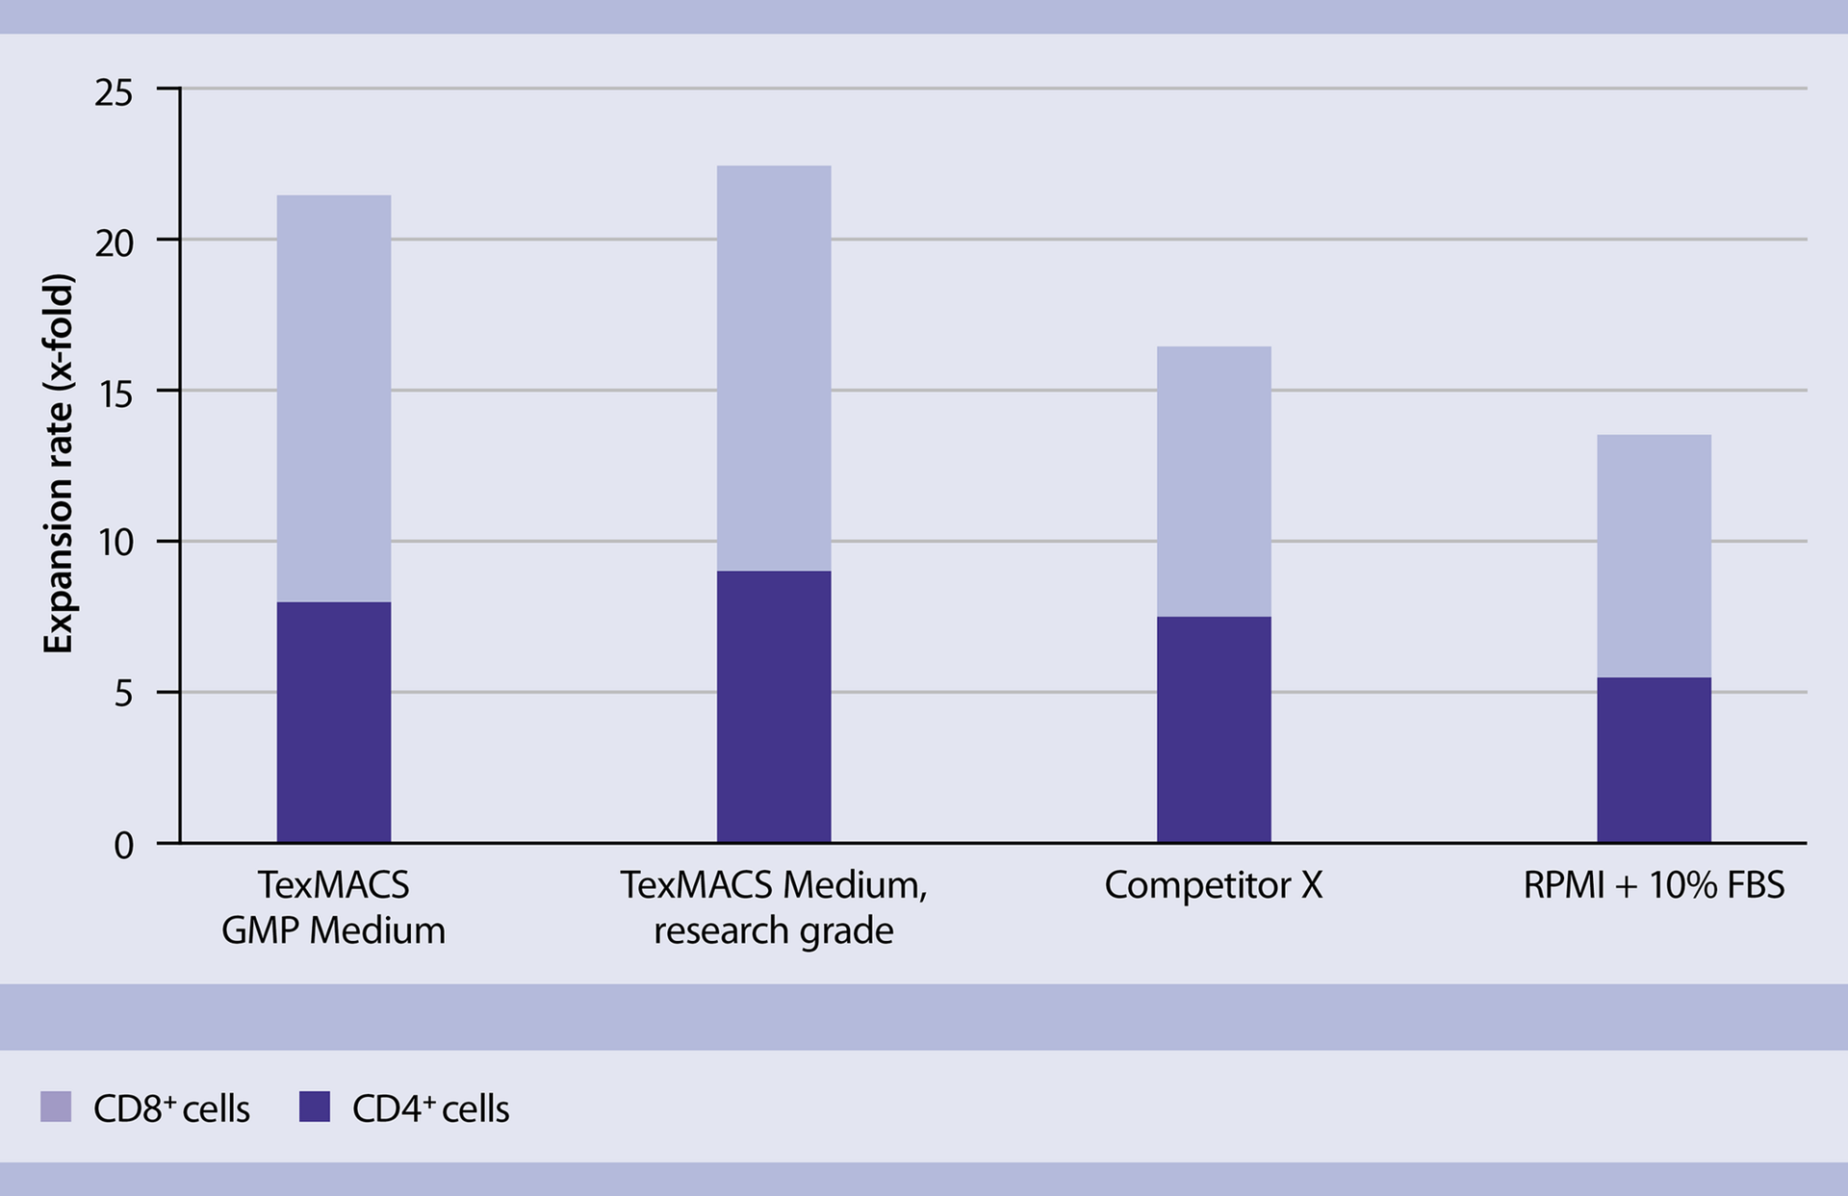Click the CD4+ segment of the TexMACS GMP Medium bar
[x=334, y=722]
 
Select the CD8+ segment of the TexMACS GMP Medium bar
[x=334, y=398]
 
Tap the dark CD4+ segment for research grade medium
[x=774, y=706]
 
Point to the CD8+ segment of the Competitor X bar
[x=1214, y=481]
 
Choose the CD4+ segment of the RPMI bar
[x=1654, y=760]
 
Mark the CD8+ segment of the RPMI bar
[x=1654, y=556]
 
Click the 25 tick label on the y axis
[x=114, y=93]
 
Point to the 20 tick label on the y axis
[x=114, y=243]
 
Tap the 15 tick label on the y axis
[x=114, y=394]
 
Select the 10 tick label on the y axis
[x=114, y=545]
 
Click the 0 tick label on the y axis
[x=123, y=846]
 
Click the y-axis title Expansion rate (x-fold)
[x=59, y=464]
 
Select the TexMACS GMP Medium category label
[x=333, y=907]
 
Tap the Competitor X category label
[x=1213, y=885]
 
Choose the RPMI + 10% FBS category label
[x=1653, y=885]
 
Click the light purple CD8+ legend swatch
[x=56, y=1107]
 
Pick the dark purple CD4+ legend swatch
[x=315, y=1107]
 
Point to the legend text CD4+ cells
[x=430, y=1108]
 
